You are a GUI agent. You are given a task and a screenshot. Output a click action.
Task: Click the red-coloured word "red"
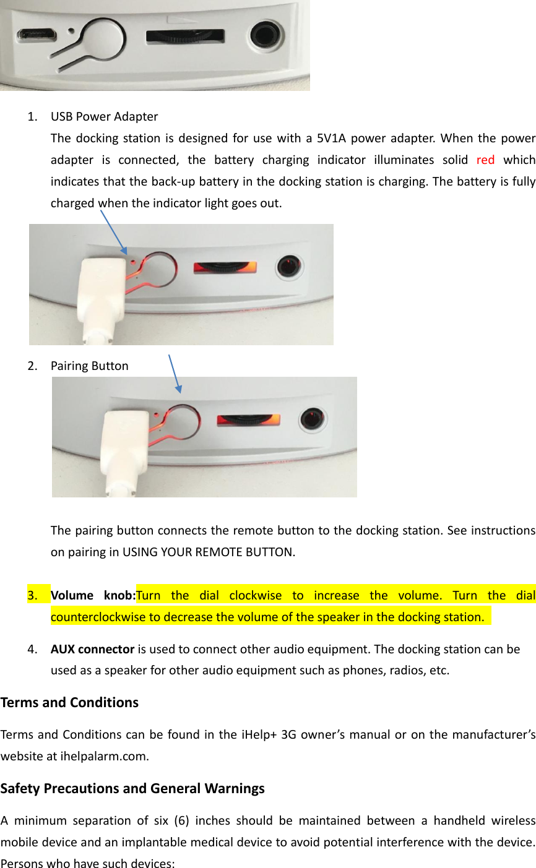(x=485, y=160)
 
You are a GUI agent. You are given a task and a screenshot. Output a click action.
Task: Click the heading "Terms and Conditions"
(x=69, y=702)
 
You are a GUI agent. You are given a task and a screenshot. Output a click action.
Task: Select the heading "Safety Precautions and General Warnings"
(x=132, y=788)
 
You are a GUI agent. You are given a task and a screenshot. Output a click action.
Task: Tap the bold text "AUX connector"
(x=92, y=649)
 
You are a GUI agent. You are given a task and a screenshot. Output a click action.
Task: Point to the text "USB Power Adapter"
(x=104, y=116)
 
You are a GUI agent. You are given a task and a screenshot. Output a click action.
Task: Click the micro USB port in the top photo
(x=37, y=35)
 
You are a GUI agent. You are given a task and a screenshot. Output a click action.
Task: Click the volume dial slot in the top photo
(x=186, y=36)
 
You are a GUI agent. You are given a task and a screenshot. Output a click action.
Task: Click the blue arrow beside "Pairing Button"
(x=175, y=373)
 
